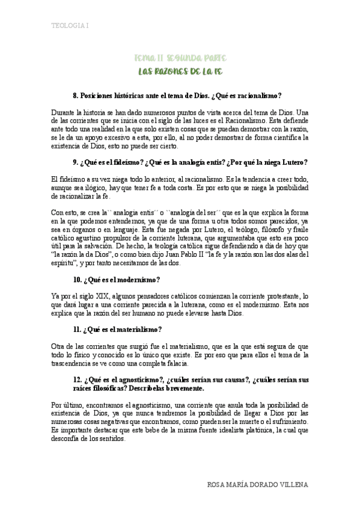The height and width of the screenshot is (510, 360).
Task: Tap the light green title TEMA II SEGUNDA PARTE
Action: pos(180,58)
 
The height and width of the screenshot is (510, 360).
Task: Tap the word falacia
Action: pos(175,363)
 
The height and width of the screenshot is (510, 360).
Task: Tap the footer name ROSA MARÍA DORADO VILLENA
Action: pos(258,484)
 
